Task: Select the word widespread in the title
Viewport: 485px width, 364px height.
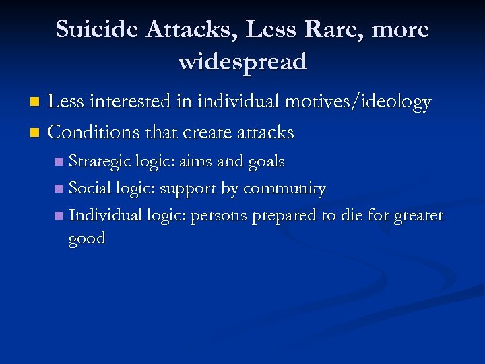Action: tap(243, 62)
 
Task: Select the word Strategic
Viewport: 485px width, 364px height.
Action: tap(100, 162)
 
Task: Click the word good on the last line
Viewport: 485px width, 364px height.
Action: tap(87, 239)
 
